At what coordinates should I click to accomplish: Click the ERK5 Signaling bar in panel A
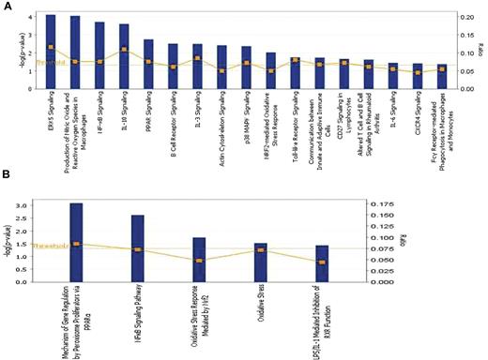(x=51, y=52)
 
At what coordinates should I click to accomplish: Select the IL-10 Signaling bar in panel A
(x=124, y=56)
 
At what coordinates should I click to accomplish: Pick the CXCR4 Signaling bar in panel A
(x=418, y=76)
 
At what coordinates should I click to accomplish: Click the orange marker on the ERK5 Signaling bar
(x=51, y=47)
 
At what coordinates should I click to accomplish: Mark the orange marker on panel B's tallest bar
(x=76, y=244)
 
